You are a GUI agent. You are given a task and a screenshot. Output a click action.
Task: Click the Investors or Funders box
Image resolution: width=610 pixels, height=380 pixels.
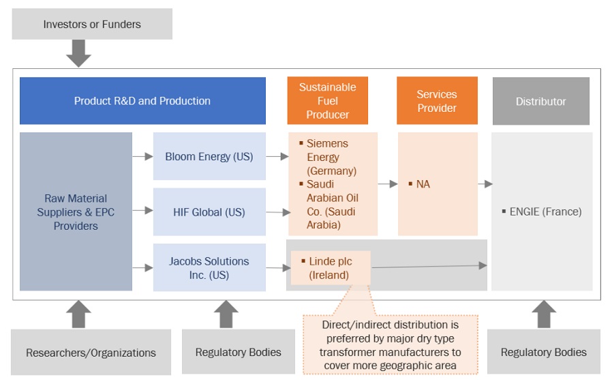pos(92,25)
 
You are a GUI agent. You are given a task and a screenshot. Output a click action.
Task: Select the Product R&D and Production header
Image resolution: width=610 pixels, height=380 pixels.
pos(142,101)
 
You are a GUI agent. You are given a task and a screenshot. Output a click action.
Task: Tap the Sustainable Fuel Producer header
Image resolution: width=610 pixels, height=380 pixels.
pos(327,101)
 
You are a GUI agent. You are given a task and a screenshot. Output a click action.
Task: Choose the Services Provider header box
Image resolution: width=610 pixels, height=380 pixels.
pos(437,101)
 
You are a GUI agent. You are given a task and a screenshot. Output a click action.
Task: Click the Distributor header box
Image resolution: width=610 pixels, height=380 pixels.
pos(540,101)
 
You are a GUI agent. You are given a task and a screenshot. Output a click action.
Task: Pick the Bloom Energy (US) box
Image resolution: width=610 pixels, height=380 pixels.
pos(209,157)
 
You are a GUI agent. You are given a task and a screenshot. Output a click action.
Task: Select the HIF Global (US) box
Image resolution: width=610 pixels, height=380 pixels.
pos(209,212)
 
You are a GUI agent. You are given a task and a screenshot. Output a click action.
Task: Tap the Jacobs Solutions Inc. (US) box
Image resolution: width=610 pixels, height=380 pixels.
pos(209,268)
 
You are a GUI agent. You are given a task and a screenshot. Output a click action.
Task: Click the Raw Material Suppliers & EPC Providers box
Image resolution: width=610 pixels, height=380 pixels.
pos(76,211)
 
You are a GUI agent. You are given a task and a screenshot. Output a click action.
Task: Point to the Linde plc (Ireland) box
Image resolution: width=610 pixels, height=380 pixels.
pos(331,268)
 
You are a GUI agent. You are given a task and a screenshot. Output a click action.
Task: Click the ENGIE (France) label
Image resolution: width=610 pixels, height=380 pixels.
pos(545,211)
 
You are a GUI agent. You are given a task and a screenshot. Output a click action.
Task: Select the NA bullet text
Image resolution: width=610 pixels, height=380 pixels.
pos(423,184)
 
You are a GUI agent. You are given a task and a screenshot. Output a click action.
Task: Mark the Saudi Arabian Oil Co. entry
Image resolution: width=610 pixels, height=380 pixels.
pos(331,204)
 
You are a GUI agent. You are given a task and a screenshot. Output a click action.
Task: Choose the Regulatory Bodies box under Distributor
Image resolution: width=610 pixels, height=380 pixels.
pos(543,352)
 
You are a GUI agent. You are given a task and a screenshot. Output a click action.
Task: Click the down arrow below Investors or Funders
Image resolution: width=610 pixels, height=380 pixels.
pos(78,53)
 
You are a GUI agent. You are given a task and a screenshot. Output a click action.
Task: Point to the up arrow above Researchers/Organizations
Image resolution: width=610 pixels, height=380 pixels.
pos(78,315)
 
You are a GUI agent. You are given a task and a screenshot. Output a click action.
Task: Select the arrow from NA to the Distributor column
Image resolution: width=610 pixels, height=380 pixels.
pos(485,184)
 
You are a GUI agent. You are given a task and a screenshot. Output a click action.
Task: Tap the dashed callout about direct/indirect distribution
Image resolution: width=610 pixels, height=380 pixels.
pos(391,344)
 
